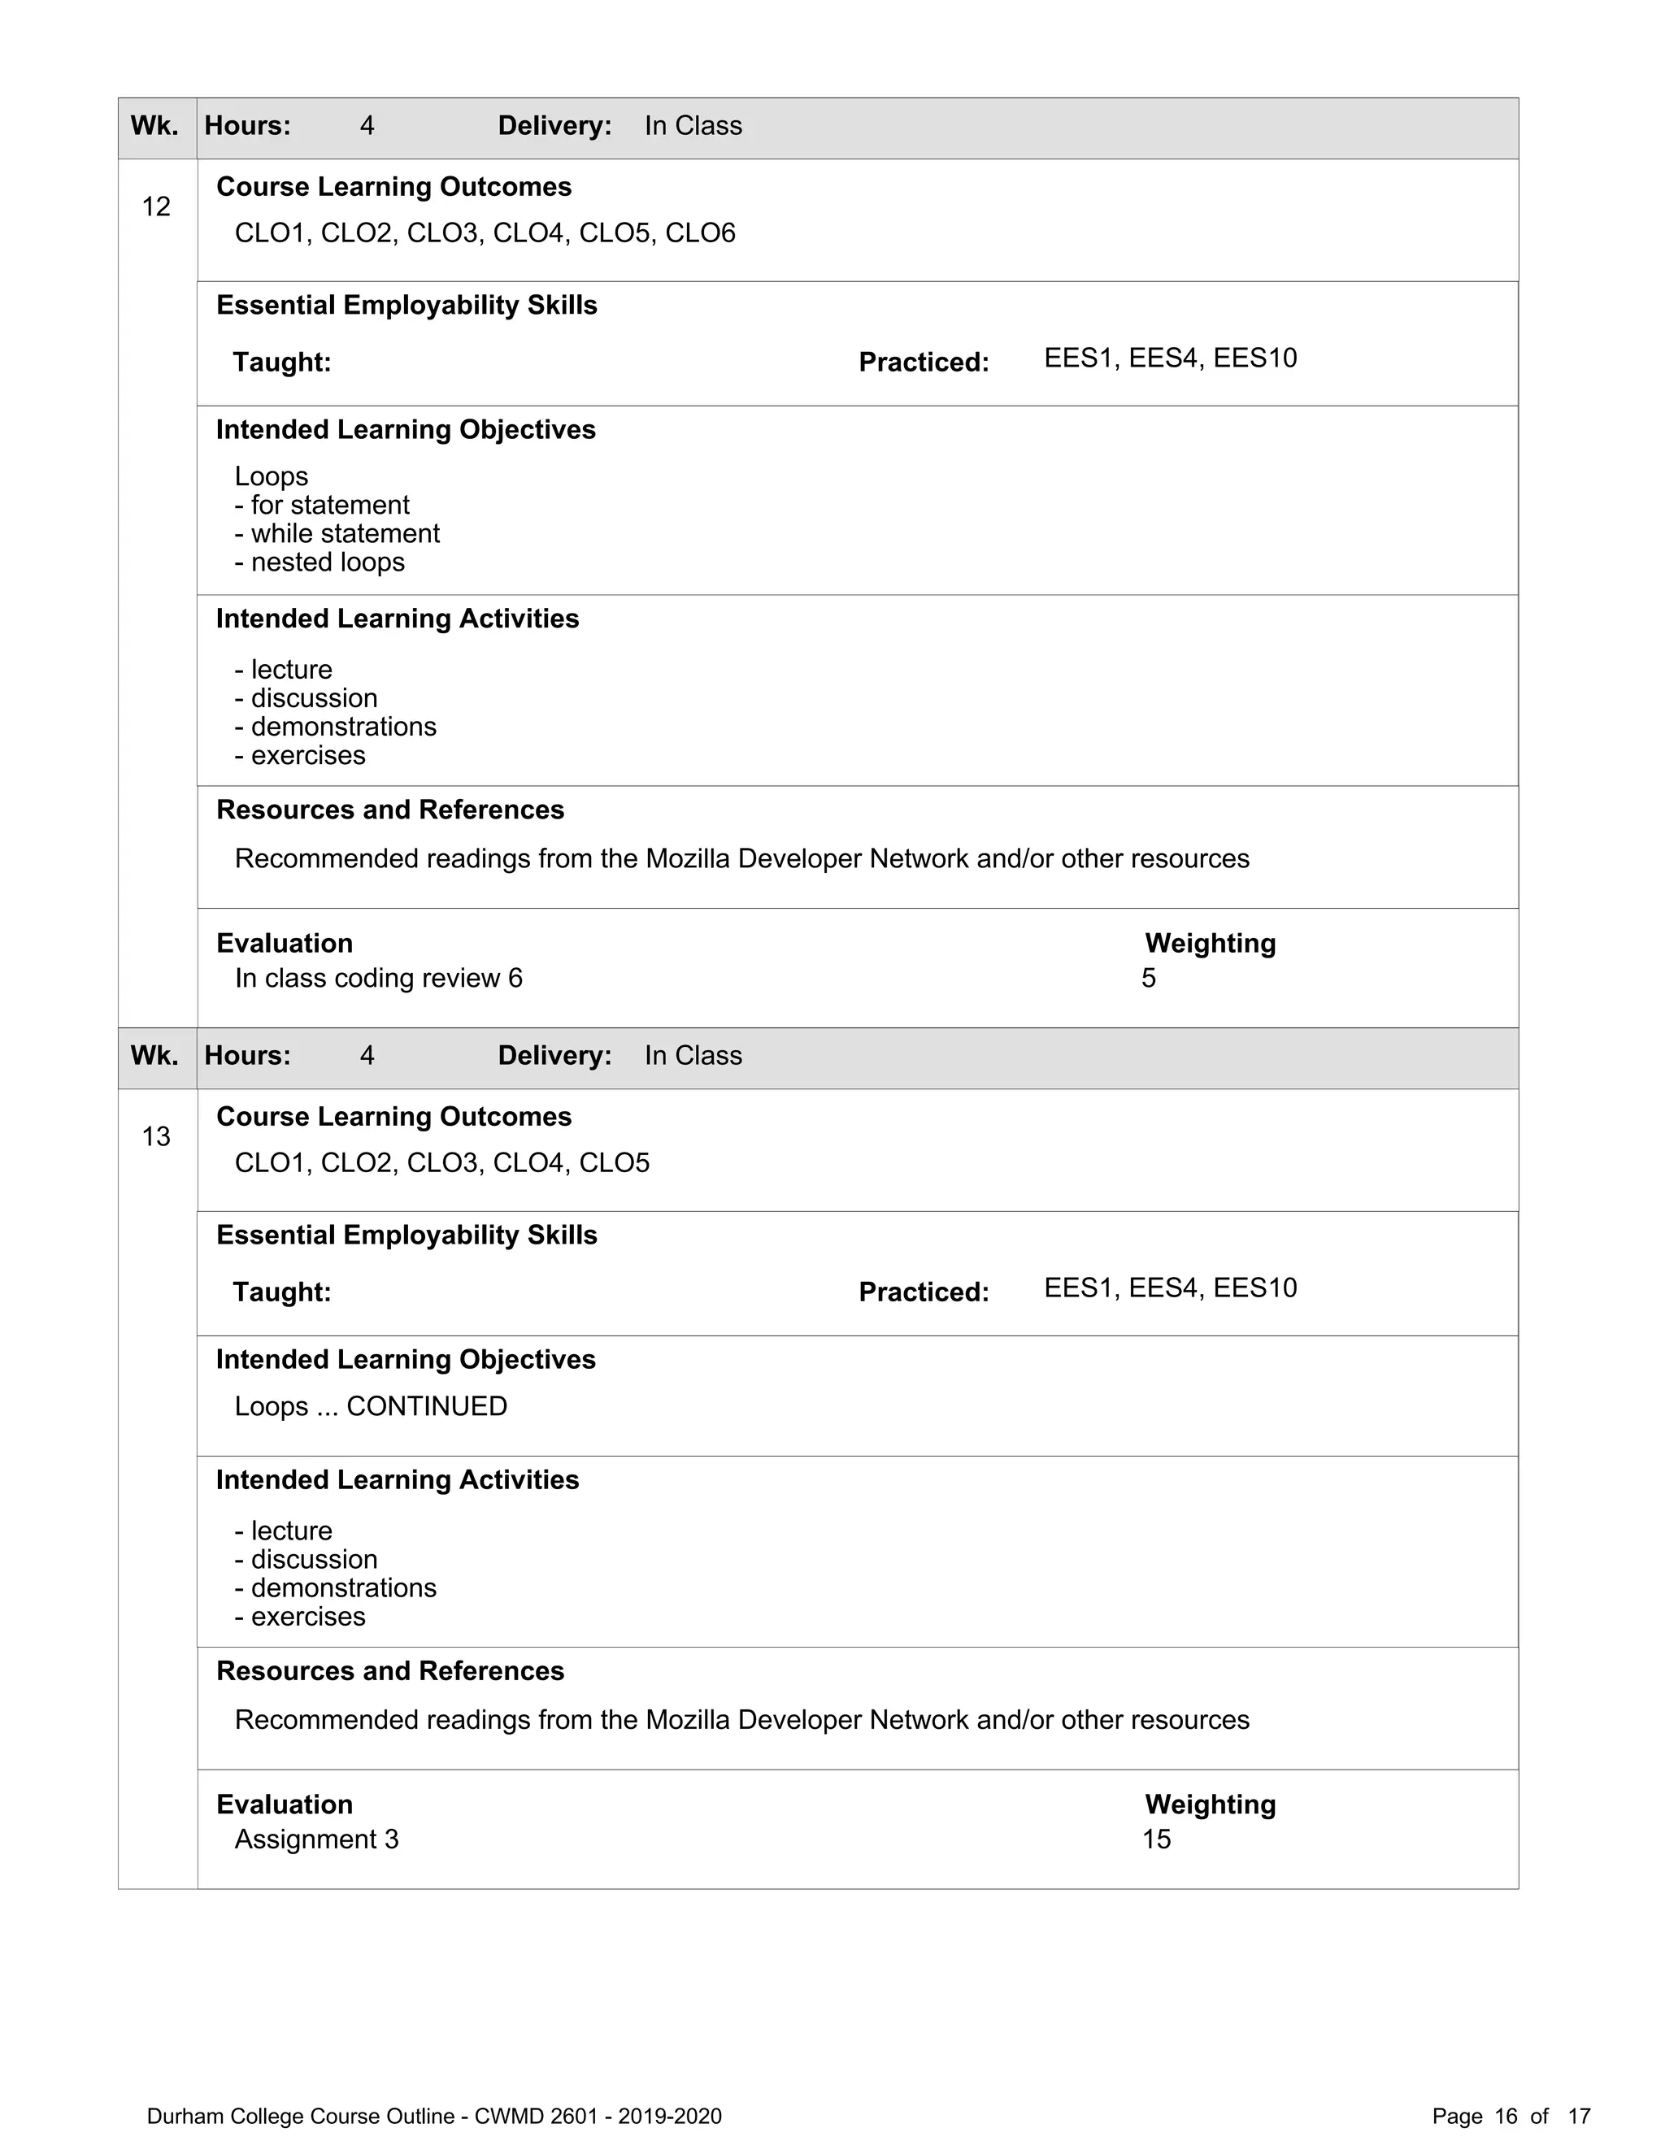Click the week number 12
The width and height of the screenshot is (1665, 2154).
click(x=156, y=206)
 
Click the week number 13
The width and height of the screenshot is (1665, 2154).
click(x=156, y=1136)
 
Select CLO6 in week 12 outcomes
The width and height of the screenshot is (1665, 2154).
click(x=699, y=232)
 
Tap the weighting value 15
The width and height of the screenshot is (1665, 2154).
click(x=1156, y=1839)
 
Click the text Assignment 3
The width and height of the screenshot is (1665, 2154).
click(x=315, y=1839)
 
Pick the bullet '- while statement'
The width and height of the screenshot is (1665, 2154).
click(x=337, y=532)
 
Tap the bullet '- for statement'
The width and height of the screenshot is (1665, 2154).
click(x=322, y=504)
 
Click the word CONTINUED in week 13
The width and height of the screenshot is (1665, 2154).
click(x=426, y=1405)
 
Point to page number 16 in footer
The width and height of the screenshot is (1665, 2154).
click(x=1505, y=2116)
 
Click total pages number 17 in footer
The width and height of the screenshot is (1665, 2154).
click(x=1579, y=2116)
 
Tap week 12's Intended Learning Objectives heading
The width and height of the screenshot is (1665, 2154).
click(x=406, y=429)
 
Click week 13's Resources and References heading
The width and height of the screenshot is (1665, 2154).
click(x=389, y=1670)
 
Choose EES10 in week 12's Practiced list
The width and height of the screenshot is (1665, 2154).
click(x=1254, y=357)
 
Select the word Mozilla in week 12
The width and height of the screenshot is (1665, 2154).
click(x=688, y=858)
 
